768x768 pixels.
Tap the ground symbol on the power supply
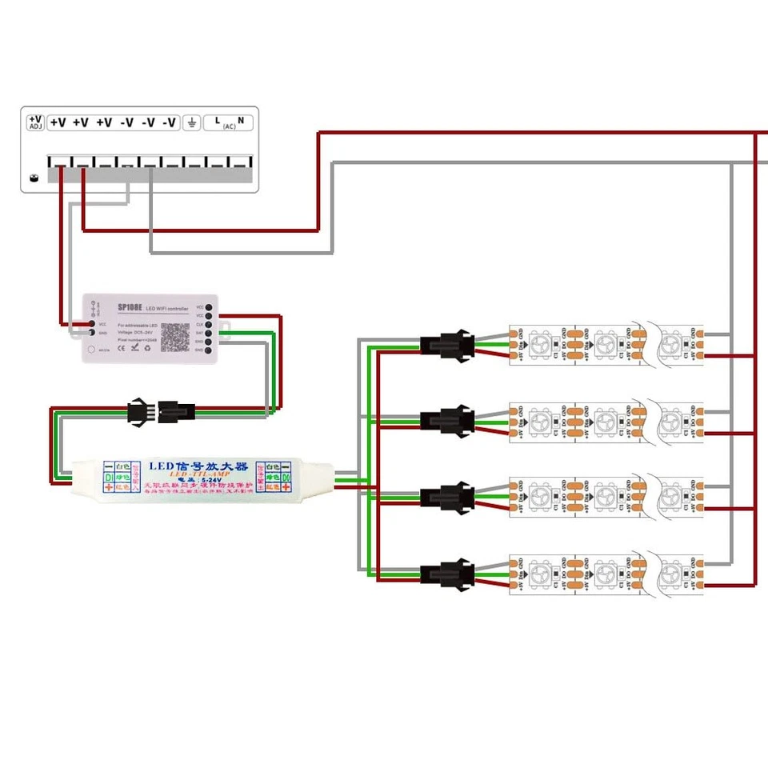pyautogui.click(x=191, y=122)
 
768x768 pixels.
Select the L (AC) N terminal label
pyautogui.click(x=230, y=122)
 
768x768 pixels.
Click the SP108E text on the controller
pyautogui.click(x=129, y=307)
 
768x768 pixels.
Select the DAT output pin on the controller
pyautogui.click(x=208, y=333)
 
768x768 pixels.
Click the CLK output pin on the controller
pyautogui.click(x=208, y=324)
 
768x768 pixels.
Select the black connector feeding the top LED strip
pyautogui.click(x=441, y=345)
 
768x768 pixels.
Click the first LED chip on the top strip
pyautogui.click(x=541, y=344)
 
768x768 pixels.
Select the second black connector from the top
pyautogui.click(x=441, y=421)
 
